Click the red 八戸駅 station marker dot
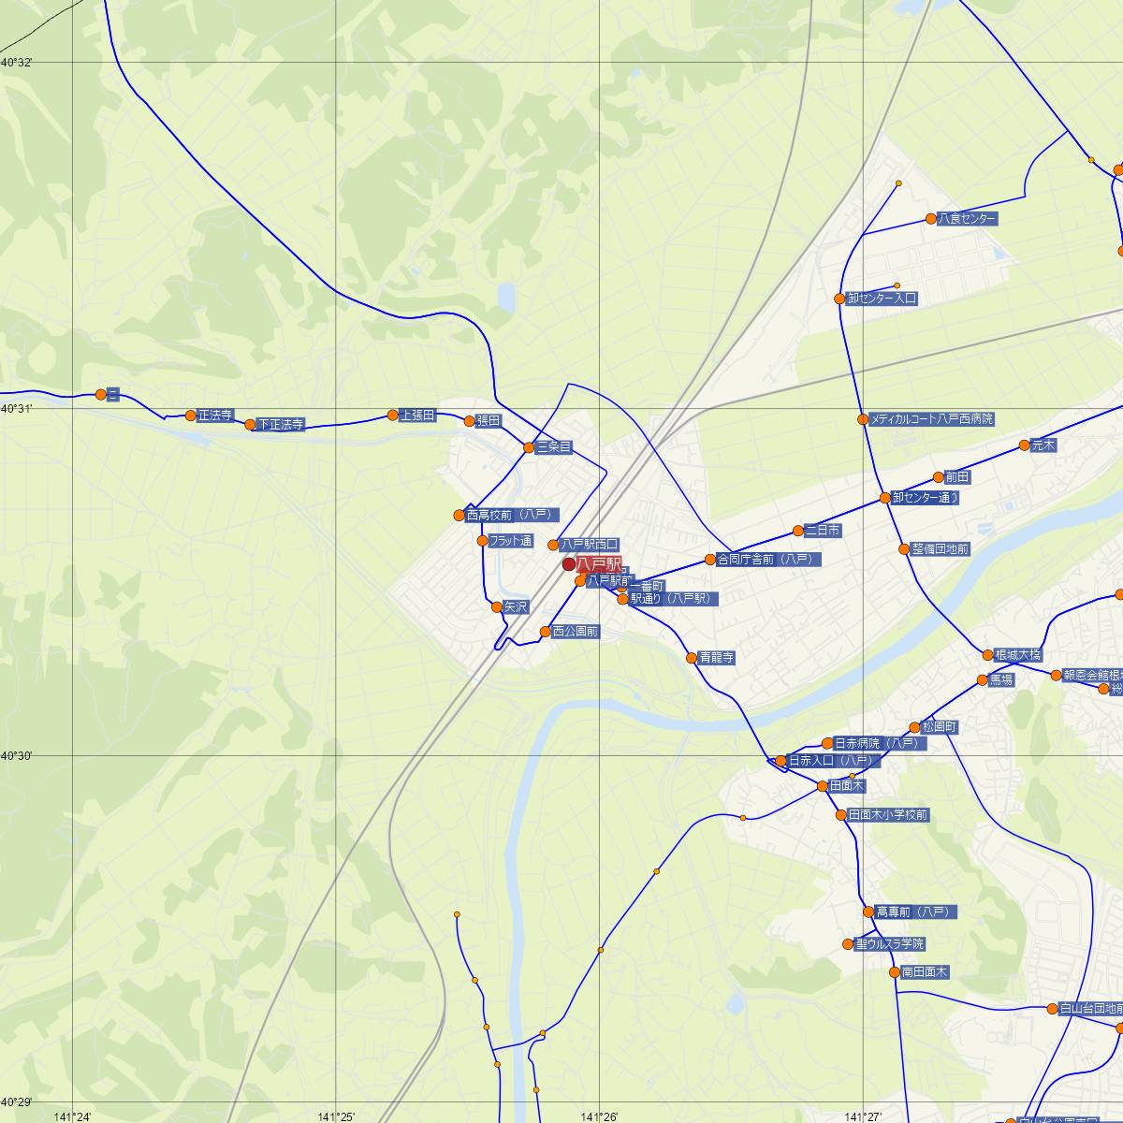click(x=569, y=564)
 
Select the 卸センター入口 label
click(x=881, y=299)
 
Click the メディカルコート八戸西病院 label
click(x=931, y=419)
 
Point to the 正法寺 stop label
click(x=214, y=416)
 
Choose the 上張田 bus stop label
click(x=417, y=415)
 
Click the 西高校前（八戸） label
click(x=512, y=515)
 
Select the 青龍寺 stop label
click(x=717, y=658)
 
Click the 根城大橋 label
click(x=1017, y=655)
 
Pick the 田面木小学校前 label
click(x=887, y=815)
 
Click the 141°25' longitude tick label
click(x=336, y=1116)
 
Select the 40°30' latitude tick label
click(x=17, y=755)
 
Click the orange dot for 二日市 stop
click(x=798, y=531)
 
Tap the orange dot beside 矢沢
click(x=497, y=606)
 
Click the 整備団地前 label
click(x=941, y=549)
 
